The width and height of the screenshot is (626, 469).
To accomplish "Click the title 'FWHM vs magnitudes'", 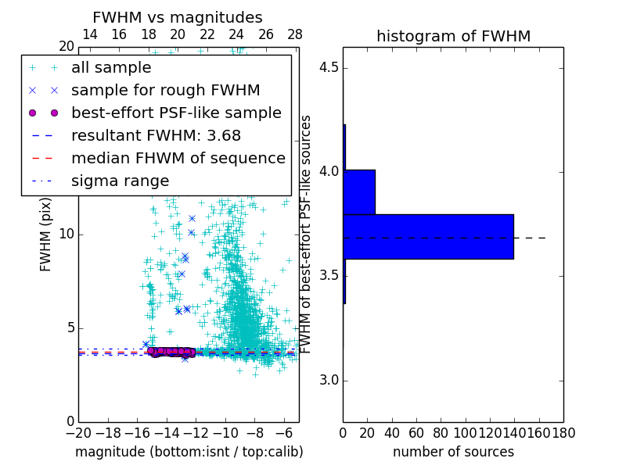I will coord(178,17).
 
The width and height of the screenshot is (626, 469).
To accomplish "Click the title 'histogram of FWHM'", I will coord(453,36).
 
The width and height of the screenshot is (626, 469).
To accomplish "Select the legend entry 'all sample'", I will coord(111,68).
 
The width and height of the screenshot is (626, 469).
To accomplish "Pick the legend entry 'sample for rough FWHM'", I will coord(165,91).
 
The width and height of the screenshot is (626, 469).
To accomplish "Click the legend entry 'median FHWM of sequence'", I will coord(178,159).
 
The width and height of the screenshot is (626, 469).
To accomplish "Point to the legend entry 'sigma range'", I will coord(120,181).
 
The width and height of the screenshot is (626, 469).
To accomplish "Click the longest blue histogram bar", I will coord(428,236).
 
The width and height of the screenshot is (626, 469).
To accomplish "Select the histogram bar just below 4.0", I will coord(359,192).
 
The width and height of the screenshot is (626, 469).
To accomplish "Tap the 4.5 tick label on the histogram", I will coord(329,67).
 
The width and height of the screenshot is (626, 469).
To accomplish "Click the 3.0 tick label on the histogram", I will coord(329,381).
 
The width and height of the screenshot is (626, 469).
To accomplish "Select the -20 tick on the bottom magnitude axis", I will coord(78,432).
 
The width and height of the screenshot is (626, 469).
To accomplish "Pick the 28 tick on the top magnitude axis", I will coord(295,34).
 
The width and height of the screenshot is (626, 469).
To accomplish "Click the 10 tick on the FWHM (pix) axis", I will coord(67,234).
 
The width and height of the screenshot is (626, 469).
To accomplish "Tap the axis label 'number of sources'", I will coord(453,452).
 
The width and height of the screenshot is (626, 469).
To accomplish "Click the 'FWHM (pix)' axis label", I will coord(45,234).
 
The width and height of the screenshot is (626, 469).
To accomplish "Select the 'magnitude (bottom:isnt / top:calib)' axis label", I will coord(189,452).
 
